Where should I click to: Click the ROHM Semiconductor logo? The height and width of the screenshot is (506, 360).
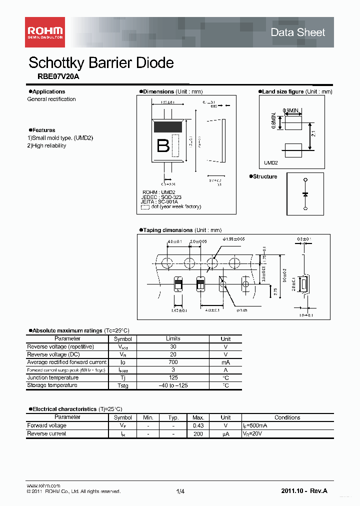point(45,32)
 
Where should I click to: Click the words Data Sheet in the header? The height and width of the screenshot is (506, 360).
point(297,32)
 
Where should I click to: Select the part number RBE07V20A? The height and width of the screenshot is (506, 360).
point(58,76)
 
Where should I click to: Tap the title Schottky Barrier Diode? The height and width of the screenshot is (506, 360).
point(101,62)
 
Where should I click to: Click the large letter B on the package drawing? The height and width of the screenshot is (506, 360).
point(163,145)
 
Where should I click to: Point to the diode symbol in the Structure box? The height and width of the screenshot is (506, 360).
point(305,193)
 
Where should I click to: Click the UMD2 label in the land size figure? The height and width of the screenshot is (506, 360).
point(271,163)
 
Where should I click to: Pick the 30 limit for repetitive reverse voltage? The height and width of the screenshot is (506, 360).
point(173,346)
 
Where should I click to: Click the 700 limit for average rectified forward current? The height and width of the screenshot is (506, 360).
point(173,362)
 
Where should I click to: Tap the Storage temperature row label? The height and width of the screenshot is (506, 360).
point(52,385)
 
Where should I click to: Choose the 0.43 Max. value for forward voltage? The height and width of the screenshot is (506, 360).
point(198,425)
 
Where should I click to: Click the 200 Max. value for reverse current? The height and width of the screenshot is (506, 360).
point(198,433)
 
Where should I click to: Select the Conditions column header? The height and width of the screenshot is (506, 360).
point(287,417)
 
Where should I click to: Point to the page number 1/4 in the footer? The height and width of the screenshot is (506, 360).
point(180,491)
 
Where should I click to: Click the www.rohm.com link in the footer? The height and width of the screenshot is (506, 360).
point(43,485)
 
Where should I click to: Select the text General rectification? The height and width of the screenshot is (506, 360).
point(51,99)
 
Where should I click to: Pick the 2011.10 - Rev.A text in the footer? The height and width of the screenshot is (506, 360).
point(304,491)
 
